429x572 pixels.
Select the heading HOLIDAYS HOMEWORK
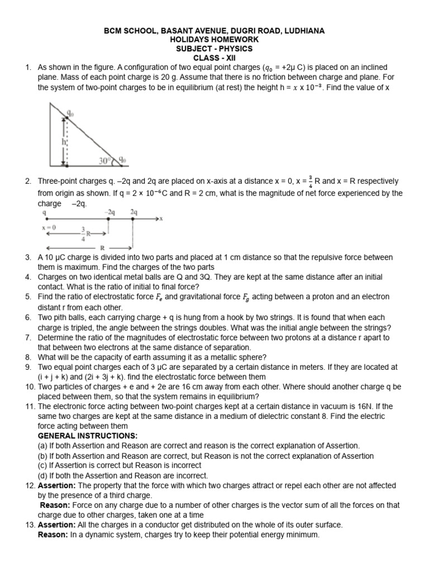(214, 39)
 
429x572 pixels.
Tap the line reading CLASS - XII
(214, 58)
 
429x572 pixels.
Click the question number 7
(28, 338)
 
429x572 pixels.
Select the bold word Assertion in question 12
(56, 485)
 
